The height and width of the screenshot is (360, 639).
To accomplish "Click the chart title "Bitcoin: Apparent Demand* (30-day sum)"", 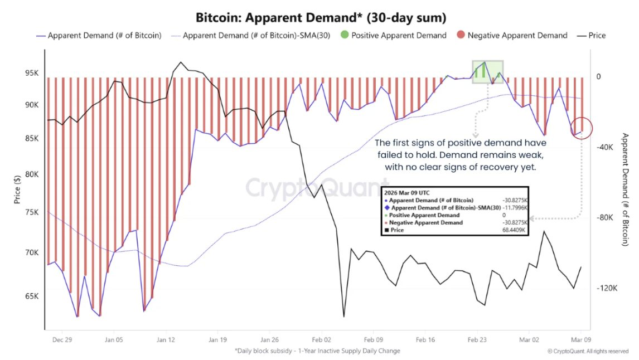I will (x=319, y=18).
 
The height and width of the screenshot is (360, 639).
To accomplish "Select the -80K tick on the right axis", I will (x=606, y=218).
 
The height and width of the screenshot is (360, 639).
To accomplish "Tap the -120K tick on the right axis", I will (x=607, y=288).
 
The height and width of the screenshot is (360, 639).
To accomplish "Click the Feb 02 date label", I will (x=322, y=339).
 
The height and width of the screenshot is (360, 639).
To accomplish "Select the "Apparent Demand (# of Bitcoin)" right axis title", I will (x=625, y=189).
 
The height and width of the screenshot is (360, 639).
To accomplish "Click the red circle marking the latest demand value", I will (x=582, y=129).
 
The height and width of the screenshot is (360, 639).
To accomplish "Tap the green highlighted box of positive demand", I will (x=487, y=72).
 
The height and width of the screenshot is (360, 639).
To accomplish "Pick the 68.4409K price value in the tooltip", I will (x=514, y=230).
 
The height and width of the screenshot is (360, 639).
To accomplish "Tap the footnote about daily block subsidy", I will (x=317, y=351).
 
